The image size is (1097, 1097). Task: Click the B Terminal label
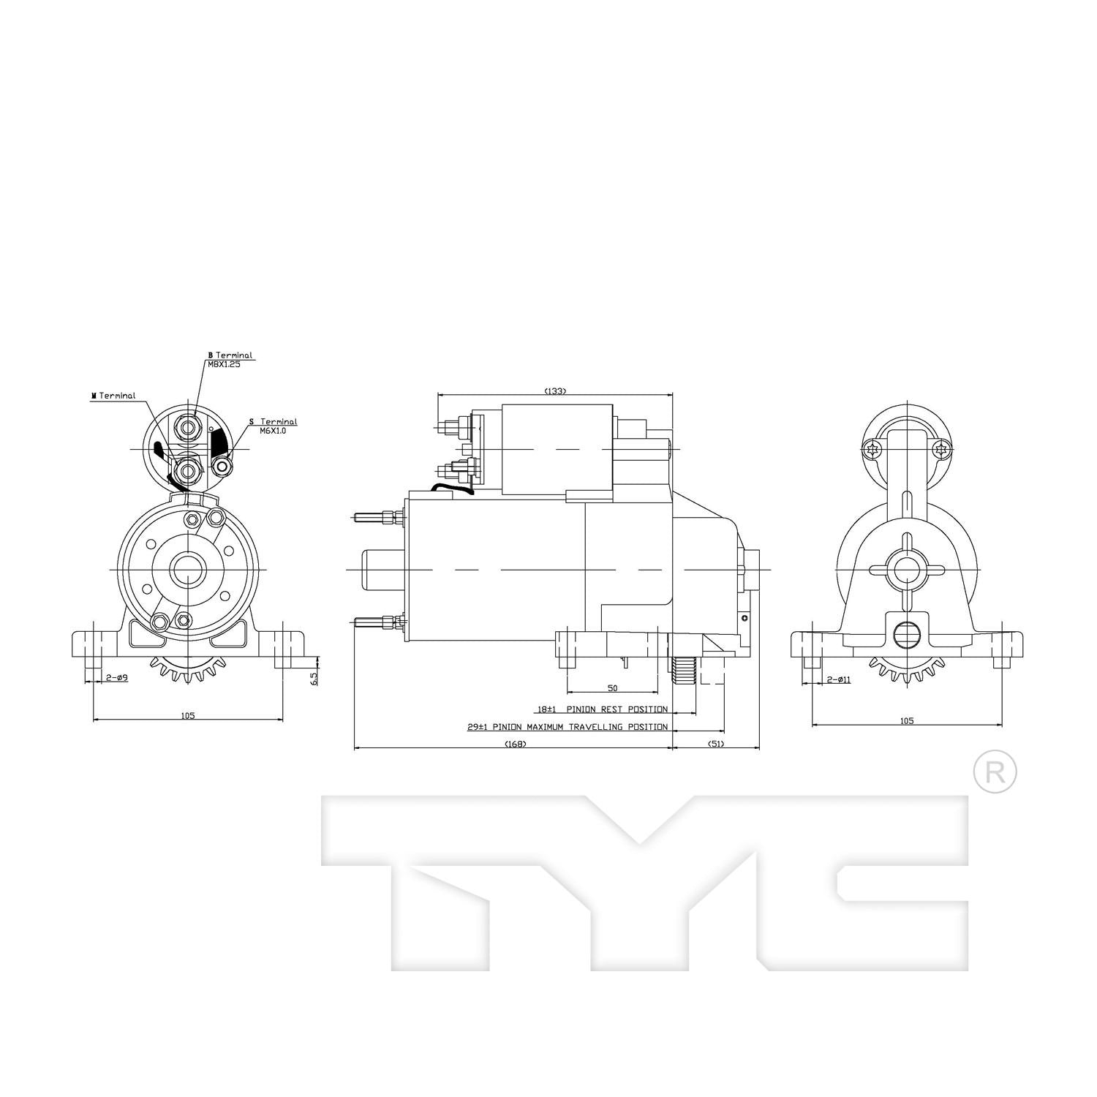coord(230,355)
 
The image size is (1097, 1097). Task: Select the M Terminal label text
coord(113,396)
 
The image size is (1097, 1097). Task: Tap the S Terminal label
coord(274,422)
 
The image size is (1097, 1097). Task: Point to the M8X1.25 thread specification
coord(223,364)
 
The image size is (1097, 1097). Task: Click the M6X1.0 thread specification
coord(273,431)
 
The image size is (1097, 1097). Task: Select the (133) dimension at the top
coord(555,391)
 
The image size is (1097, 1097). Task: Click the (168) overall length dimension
coord(515,744)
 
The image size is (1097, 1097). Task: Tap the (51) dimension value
coord(716,744)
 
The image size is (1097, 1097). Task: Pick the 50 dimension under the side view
coord(612,688)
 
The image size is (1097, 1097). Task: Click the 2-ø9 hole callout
coord(117,678)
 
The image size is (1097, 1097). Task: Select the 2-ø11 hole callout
coord(838,679)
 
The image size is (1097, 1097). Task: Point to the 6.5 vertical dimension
coord(314,678)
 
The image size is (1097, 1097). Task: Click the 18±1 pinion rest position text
coord(602,709)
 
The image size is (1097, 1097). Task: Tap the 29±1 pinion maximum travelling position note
coord(568,727)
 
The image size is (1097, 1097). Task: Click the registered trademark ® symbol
coord(995,772)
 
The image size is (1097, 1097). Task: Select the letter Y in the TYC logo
coord(638,878)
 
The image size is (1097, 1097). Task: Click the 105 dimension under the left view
coord(188,716)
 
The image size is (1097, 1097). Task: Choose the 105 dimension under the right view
coord(907,721)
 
